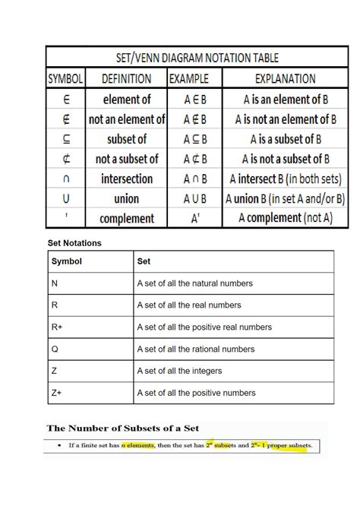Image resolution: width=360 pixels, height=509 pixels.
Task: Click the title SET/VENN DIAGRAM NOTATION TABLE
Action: pos(197,58)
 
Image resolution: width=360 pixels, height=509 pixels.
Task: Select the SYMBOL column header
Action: pos(66,78)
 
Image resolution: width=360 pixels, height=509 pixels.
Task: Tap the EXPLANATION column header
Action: pos(285,78)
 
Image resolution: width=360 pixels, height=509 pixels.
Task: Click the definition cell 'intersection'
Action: pos(127,179)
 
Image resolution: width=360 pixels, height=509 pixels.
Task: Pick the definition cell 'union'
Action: pos(127,198)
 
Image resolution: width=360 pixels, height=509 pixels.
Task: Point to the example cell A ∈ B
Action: pos(195,99)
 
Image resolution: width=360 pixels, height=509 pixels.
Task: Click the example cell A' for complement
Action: pos(195,218)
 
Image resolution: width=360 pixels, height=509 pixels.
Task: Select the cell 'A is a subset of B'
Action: pos(286,139)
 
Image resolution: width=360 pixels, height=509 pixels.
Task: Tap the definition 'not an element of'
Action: pos(127,119)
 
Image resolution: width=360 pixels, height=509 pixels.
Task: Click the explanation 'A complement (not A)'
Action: pos(286,218)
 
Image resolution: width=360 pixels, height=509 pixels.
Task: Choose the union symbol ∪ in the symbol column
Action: pos(66,198)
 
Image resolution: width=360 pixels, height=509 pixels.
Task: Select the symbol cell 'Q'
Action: pos(55,349)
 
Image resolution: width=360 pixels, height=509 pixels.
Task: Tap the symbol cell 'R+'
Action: pos(57,327)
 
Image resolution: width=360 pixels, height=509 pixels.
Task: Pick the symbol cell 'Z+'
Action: pos(57,393)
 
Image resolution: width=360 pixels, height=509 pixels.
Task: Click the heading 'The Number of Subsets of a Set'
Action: pos(123,428)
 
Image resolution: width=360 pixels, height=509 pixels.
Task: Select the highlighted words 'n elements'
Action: pos(137,445)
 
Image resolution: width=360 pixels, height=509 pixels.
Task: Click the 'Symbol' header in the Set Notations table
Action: pos(67,261)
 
